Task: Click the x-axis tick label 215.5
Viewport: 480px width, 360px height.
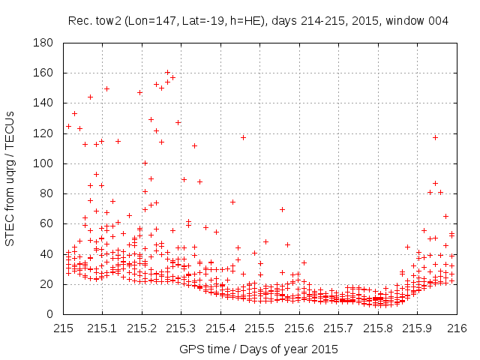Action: point(260,328)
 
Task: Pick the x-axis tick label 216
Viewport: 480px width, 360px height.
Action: point(457,328)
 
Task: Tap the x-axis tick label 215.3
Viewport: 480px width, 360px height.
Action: point(181,328)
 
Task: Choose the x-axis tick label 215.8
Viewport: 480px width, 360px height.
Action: point(379,328)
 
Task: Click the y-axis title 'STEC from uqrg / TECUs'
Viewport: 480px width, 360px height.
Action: point(10,178)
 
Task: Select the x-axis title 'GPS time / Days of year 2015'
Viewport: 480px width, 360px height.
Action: point(259,349)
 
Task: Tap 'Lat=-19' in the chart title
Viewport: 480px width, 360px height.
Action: point(199,20)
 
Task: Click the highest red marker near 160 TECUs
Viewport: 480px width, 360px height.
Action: point(167,73)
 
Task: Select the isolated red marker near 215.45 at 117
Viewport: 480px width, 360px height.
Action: point(243,137)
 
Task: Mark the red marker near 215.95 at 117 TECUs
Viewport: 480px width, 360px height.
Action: point(435,137)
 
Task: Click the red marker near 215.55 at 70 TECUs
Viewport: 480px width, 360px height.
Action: point(282,209)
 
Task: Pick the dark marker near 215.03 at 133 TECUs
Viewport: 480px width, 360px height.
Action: point(74,113)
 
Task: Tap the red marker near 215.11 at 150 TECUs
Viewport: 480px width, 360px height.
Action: point(106,88)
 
